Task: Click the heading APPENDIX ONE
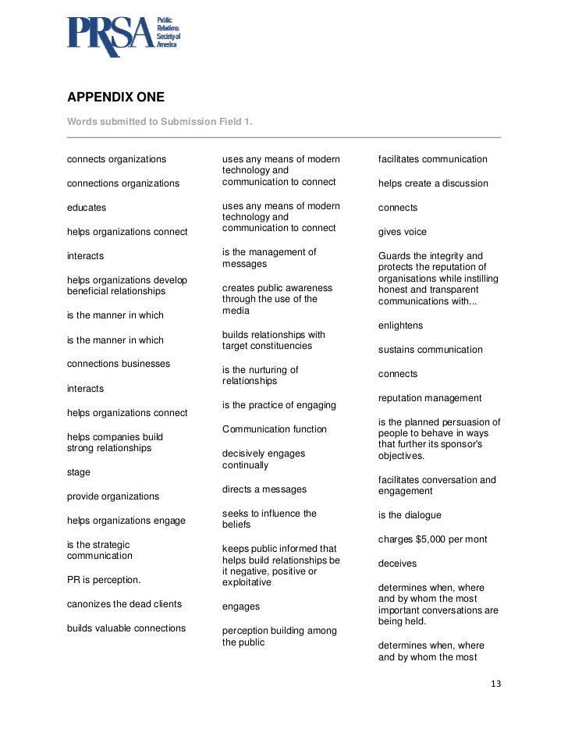[115, 98]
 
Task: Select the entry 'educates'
[87, 208]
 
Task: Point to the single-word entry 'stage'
[79, 472]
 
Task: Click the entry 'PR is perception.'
[104, 580]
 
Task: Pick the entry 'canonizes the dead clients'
[124, 604]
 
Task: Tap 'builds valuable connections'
[126, 628]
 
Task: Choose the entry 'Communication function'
[275, 429]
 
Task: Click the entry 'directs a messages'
[264, 489]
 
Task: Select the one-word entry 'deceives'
[398, 564]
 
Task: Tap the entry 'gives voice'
[403, 232]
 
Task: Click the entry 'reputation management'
[430, 398]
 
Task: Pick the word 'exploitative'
[247, 582]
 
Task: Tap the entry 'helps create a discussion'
[433, 183]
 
